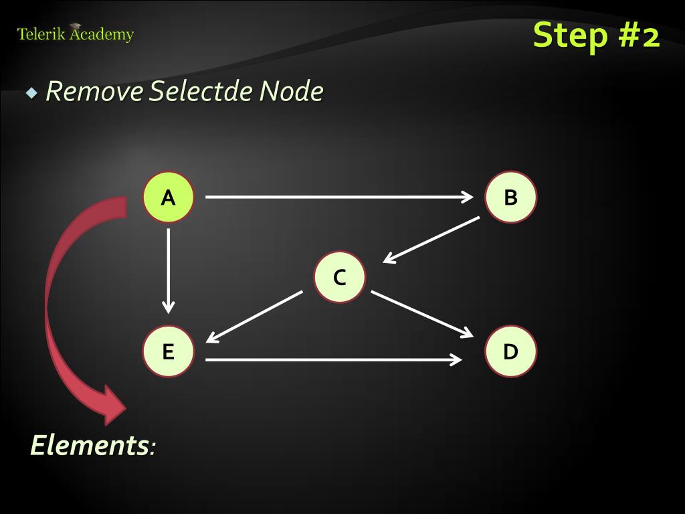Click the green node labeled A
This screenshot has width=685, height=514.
(x=168, y=197)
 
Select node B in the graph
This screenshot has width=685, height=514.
(x=510, y=197)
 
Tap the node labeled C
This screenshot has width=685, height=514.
(x=340, y=277)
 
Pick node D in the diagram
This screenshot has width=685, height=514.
(x=510, y=351)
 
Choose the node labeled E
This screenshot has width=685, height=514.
(x=168, y=351)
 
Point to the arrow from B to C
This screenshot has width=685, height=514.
(x=431, y=239)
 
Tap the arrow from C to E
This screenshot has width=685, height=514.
(x=254, y=317)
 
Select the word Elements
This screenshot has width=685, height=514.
(x=89, y=445)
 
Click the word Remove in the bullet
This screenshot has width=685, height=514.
(x=94, y=92)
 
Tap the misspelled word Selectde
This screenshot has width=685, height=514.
(x=200, y=92)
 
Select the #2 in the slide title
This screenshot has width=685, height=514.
(x=638, y=35)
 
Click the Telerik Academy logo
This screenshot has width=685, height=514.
(x=75, y=33)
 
